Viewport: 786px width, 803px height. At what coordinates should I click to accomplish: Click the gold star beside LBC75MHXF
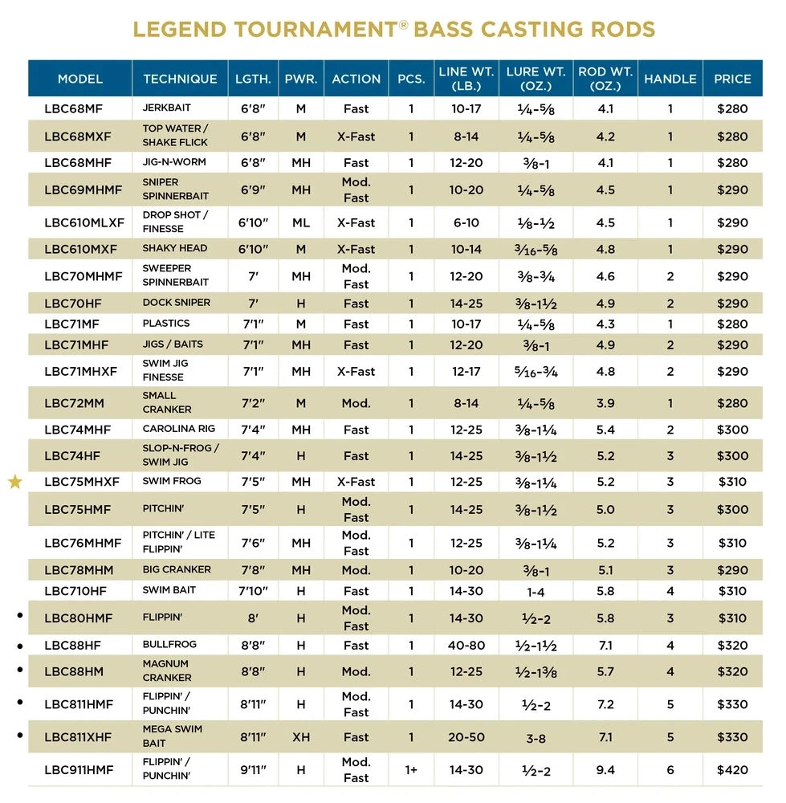tap(15, 482)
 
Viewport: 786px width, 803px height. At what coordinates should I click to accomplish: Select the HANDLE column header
tap(670, 79)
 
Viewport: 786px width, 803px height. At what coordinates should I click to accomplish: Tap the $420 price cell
tap(731, 770)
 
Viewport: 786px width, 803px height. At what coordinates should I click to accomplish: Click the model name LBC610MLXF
tap(84, 222)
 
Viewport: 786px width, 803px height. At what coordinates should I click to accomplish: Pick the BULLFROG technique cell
tap(169, 644)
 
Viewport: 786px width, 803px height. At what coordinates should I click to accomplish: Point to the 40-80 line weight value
tap(466, 646)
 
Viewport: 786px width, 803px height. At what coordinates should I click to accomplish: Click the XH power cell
tap(301, 737)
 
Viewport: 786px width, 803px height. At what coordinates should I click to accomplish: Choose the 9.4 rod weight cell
tap(605, 770)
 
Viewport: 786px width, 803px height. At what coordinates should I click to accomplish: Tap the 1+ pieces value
tap(411, 770)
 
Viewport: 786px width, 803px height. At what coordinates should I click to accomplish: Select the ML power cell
tap(301, 222)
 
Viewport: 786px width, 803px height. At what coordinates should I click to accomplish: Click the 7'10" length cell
tap(252, 591)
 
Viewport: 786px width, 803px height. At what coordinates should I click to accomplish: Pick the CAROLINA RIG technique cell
tap(178, 428)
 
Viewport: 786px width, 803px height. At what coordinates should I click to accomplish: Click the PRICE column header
tap(731, 79)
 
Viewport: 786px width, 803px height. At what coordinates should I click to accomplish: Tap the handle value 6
tap(670, 770)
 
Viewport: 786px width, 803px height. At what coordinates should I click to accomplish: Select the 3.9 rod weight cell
tap(605, 403)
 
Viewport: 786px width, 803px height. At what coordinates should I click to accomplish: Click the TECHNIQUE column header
tap(180, 79)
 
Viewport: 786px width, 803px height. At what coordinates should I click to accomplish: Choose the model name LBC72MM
tap(75, 402)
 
